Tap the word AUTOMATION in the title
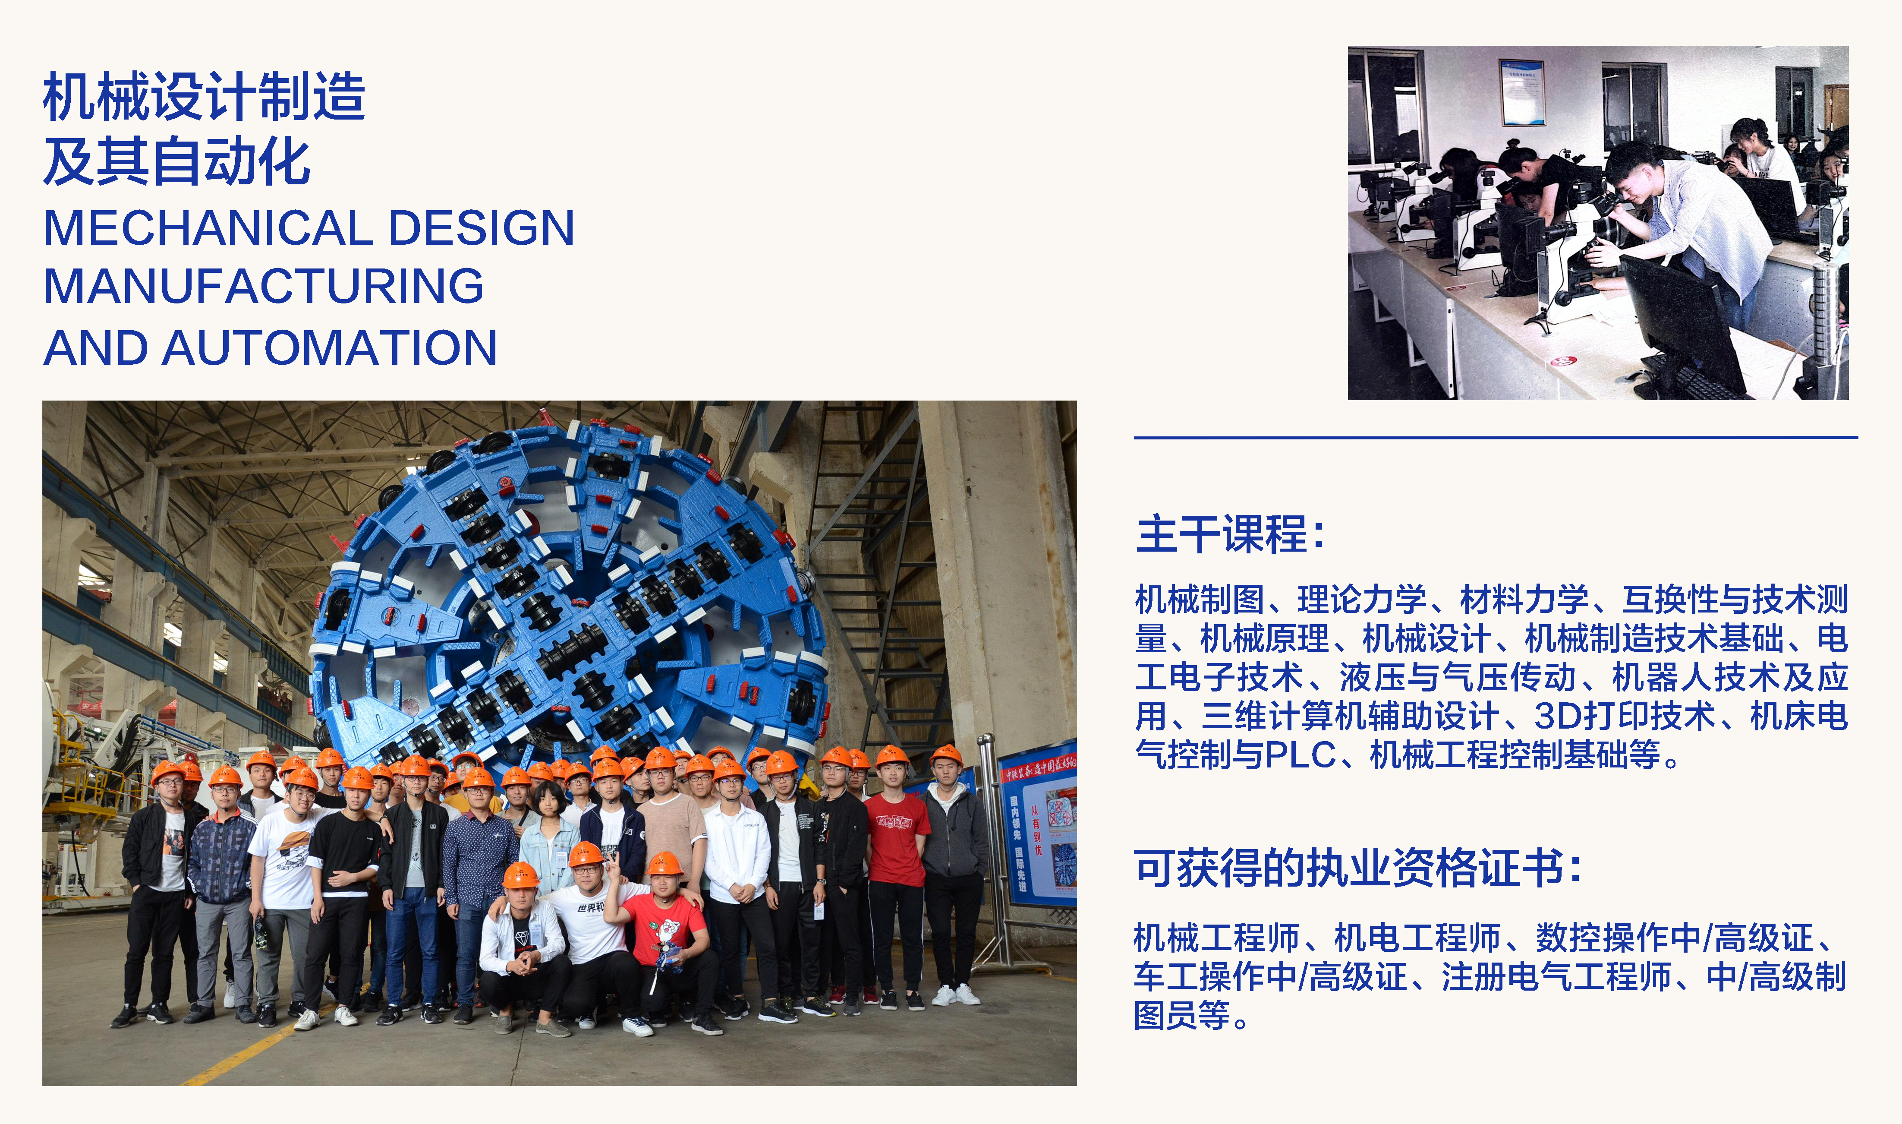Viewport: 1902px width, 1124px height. tap(329, 347)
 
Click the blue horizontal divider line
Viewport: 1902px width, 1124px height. tap(1496, 437)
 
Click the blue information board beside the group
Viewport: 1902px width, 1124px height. tap(1036, 826)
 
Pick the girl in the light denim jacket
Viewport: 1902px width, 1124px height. tap(549, 841)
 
